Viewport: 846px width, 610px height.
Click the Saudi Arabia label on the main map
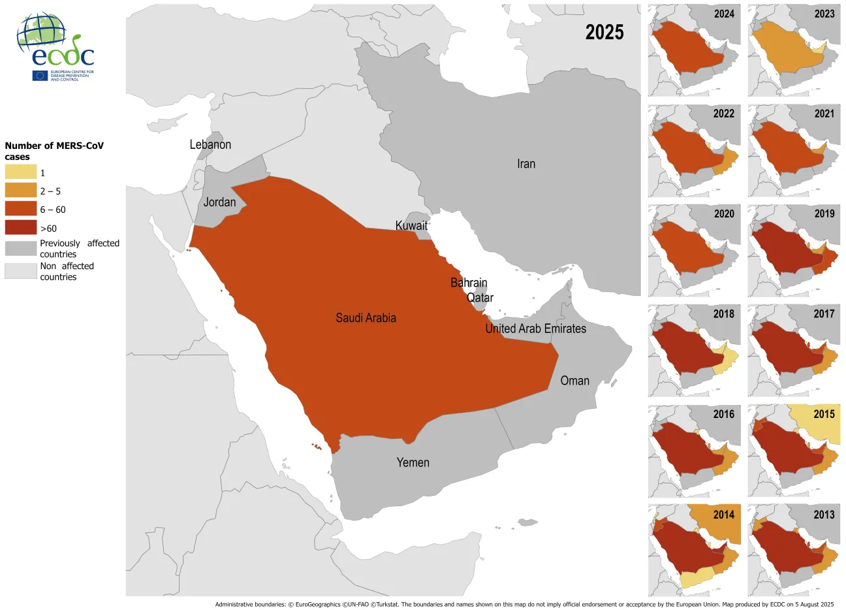pyautogui.click(x=366, y=318)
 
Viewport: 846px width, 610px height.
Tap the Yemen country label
pyautogui.click(x=413, y=462)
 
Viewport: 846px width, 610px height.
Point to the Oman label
pyautogui.click(x=574, y=381)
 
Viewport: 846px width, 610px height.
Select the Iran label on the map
pyautogui.click(x=526, y=164)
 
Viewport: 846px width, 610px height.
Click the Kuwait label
pyautogui.click(x=411, y=226)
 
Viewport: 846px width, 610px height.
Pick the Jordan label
pyautogui.click(x=219, y=202)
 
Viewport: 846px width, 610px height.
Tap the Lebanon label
pyautogui.click(x=210, y=145)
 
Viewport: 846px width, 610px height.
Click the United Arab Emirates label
pyautogui.click(x=535, y=329)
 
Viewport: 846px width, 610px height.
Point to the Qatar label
pyautogui.click(x=480, y=298)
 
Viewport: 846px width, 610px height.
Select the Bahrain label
pyautogui.click(x=469, y=283)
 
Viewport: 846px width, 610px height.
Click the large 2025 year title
pyautogui.click(x=604, y=32)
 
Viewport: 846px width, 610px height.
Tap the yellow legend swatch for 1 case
pyautogui.click(x=21, y=172)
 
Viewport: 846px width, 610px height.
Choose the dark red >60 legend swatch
pyautogui.click(x=21, y=228)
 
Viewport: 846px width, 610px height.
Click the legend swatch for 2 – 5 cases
pyautogui.click(x=21, y=191)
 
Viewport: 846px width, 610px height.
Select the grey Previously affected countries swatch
pyautogui.click(x=21, y=248)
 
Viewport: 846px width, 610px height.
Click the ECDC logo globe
pyautogui.click(x=41, y=33)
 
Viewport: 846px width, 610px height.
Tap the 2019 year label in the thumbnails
pyautogui.click(x=824, y=214)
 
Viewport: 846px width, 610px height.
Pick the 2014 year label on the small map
pyautogui.click(x=723, y=515)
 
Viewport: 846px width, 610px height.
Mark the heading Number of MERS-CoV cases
pyautogui.click(x=54, y=151)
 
